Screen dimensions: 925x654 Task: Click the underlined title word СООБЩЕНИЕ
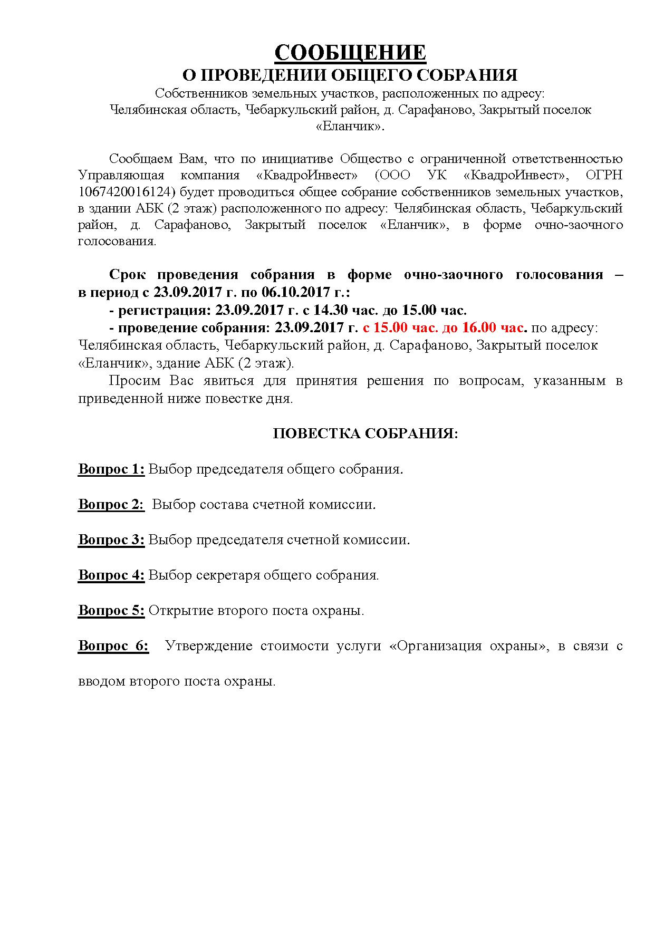tap(350, 53)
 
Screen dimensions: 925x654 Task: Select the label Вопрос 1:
tap(111, 469)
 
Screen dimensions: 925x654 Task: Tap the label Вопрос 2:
tap(111, 504)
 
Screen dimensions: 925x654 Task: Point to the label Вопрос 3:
tap(111, 539)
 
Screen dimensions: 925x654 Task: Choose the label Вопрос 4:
tap(111, 575)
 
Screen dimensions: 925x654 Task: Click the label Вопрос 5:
tap(111, 610)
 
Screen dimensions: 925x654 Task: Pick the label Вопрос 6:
tap(113, 645)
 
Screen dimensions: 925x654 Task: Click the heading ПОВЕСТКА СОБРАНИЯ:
tap(366, 433)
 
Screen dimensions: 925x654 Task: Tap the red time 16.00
tap(479, 327)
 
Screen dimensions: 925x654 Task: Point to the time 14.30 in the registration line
tap(362, 310)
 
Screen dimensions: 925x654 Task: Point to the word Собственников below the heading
tap(201, 93)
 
